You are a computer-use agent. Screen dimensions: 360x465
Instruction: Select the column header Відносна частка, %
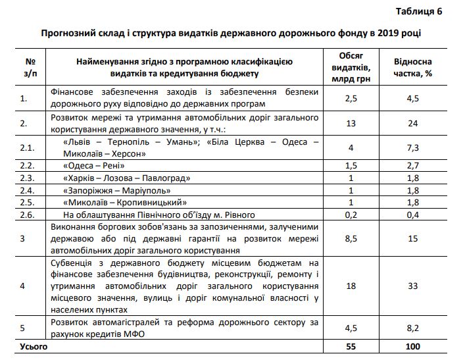tap(413, 67)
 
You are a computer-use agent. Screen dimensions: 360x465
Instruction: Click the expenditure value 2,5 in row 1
tap(351, 99)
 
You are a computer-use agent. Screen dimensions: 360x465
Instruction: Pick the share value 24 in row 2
tap(413, 123)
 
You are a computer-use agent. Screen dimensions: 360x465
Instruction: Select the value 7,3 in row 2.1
tap(413, 147)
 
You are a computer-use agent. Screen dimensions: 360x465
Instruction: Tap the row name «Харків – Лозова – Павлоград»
tap(127, 178)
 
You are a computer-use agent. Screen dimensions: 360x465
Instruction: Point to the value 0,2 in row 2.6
tap(351, 215)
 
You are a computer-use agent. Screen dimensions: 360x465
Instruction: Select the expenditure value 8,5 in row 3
tap(351, 238)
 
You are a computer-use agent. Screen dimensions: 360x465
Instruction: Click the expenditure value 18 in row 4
tap(351, 286)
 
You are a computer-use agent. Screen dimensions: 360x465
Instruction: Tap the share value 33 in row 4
tap(413, 286)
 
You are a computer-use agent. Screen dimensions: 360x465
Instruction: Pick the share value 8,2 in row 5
tap(413, 328)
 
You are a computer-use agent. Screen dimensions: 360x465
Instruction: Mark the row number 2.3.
tap(27, 178)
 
